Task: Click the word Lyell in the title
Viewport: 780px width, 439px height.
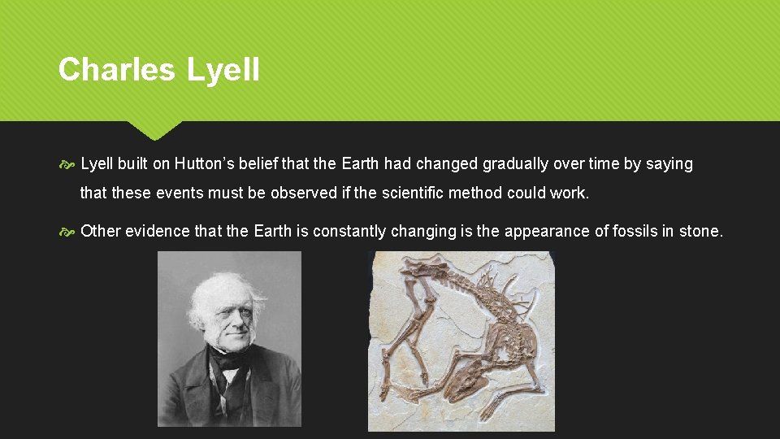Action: (223, 69)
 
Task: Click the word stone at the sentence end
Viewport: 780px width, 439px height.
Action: (700, 232)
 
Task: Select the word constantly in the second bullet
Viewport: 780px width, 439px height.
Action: (349, 232)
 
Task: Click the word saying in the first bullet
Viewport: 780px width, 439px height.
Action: (669, 164)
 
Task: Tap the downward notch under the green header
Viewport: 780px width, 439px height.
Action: (154, 130)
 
